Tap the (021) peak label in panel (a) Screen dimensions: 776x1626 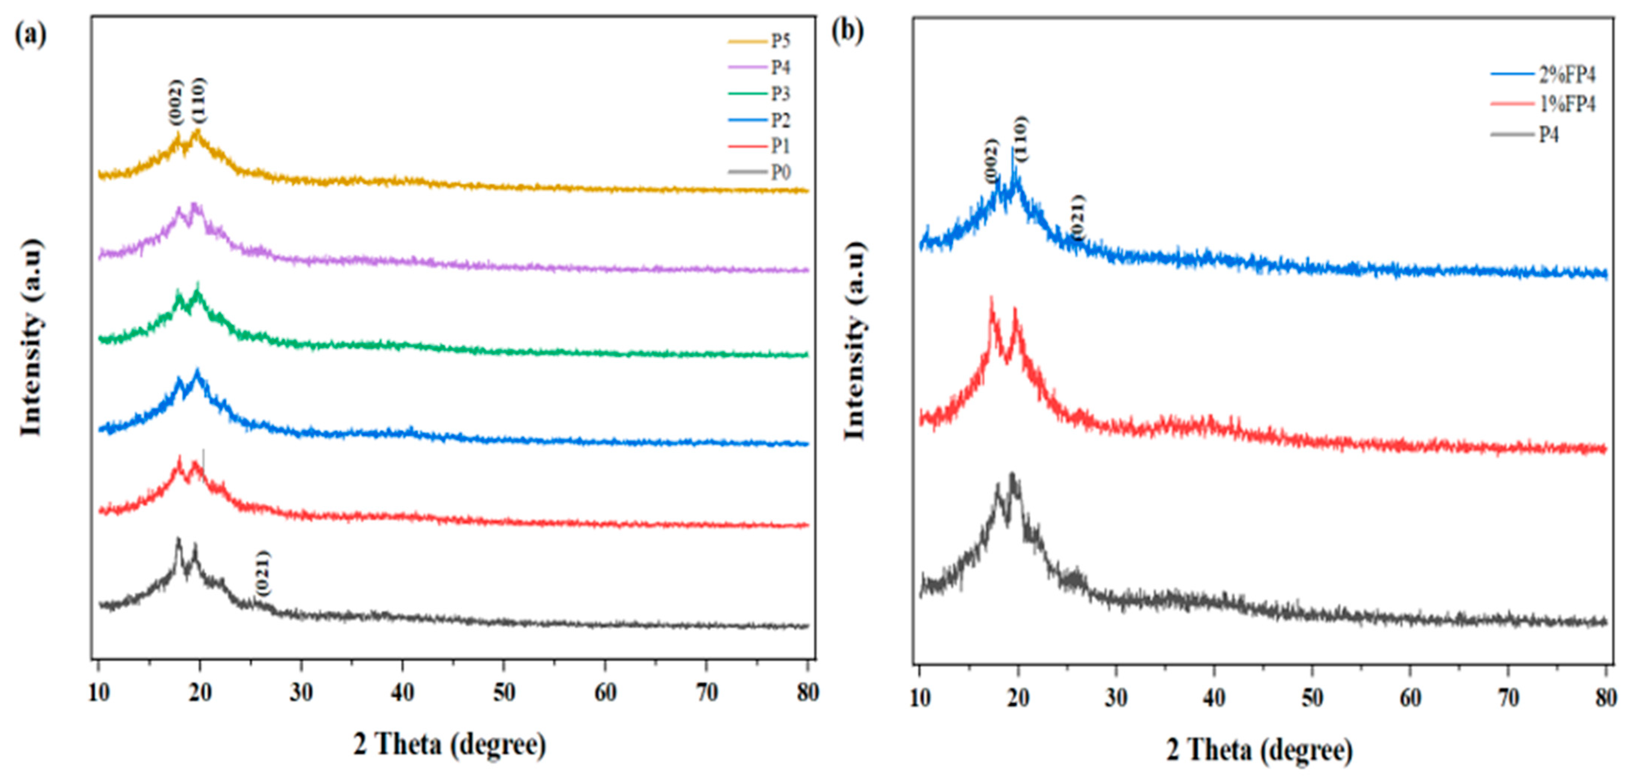click(263, 573)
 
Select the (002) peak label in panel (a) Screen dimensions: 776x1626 click(175, 103)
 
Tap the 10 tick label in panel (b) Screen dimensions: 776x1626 click(920, 698)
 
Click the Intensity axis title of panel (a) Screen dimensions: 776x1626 click(30, 337)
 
